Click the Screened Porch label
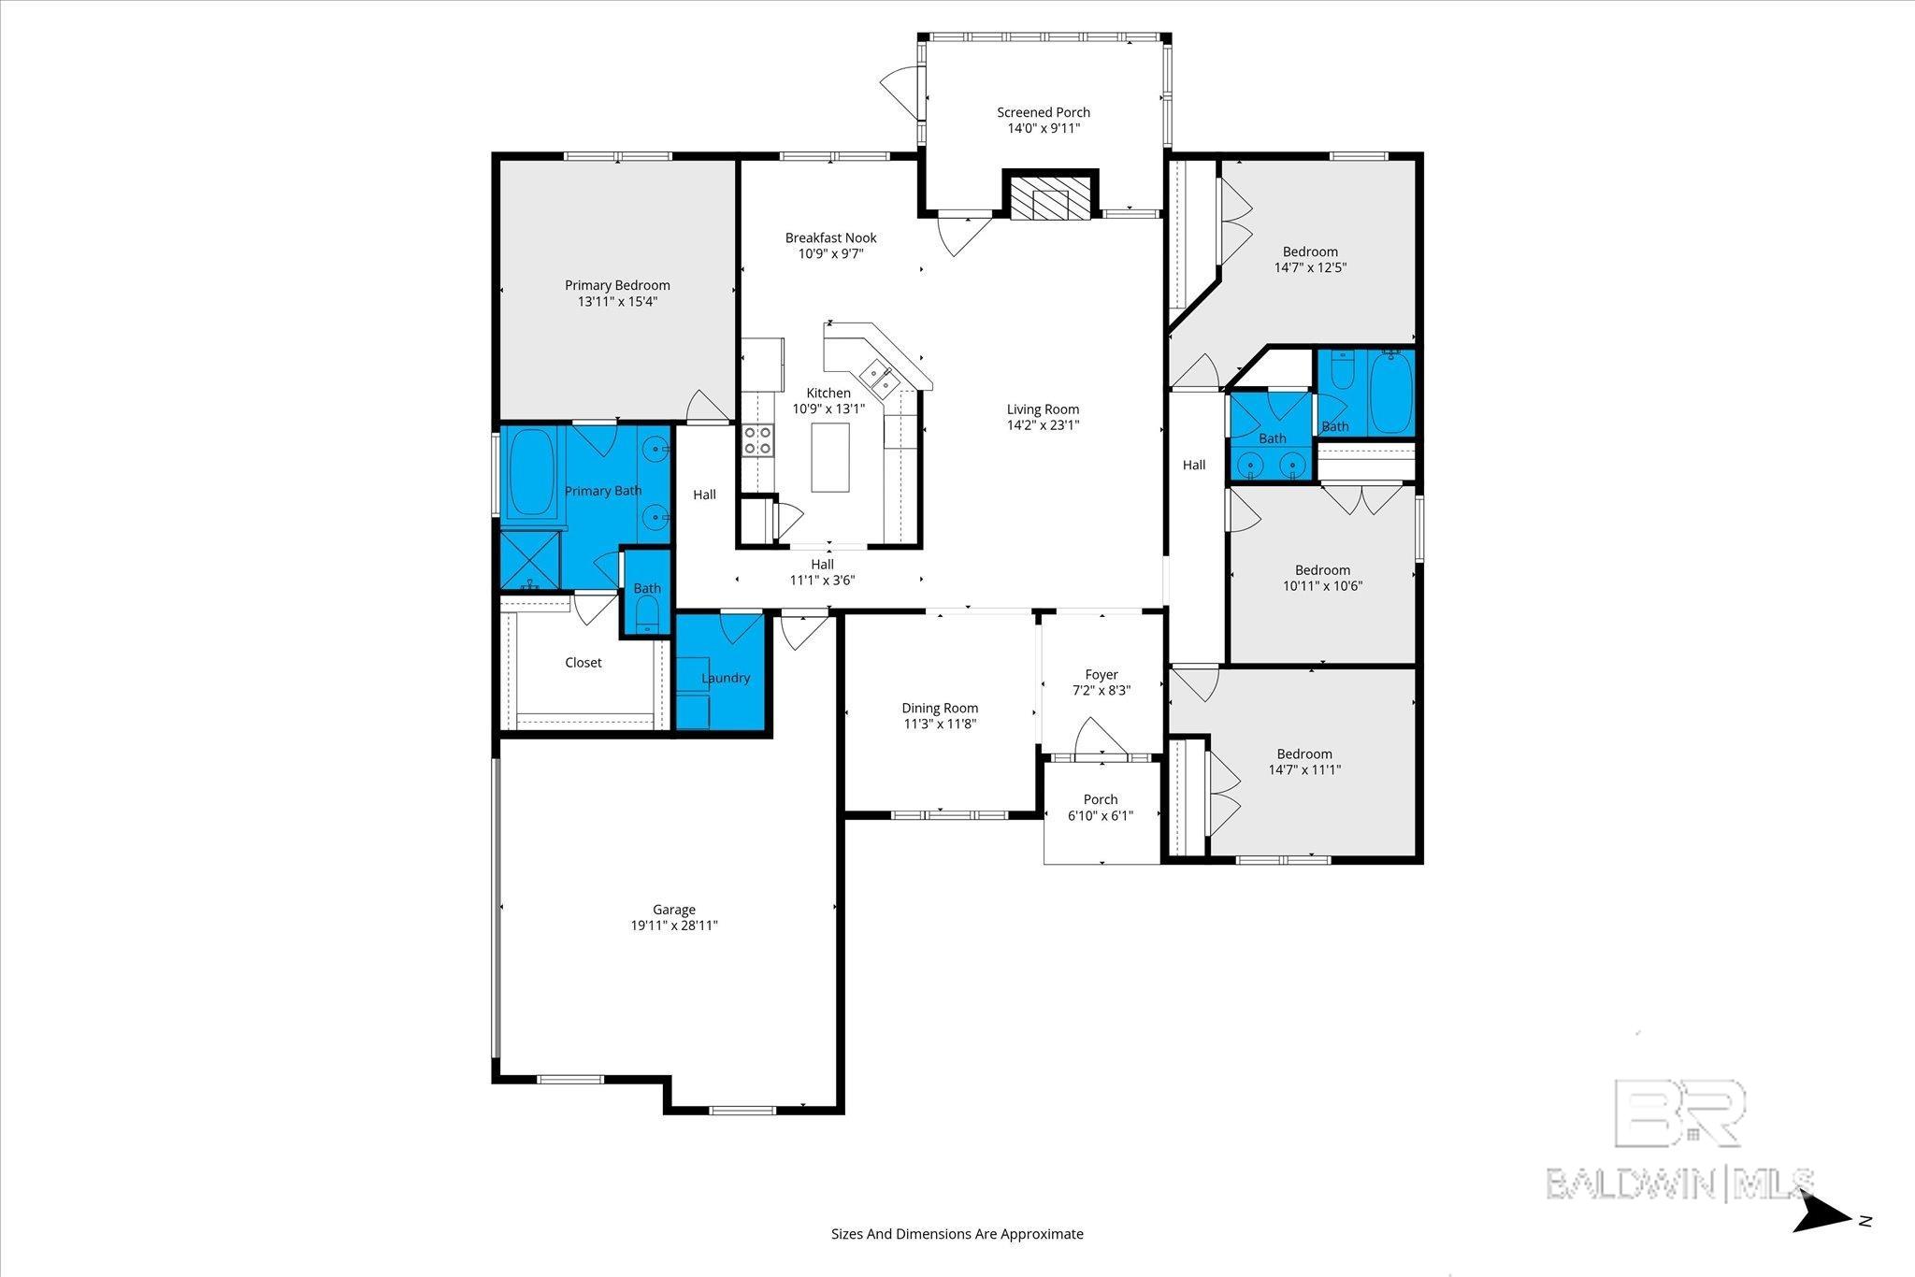[x=1044, y=112]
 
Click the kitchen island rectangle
[x=830, y=457]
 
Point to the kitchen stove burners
[x=757, y=440]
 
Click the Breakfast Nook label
[x=831, y=237]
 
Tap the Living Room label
[x=1044, y=409]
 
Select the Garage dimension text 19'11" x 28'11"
[x=674, y=925]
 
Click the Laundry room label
[x=726, y=678]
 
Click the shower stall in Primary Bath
[x=530, y=560]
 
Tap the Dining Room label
[x=940, y=708]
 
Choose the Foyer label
[x=1101, y=674]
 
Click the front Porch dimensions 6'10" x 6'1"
[x=1101, y=815]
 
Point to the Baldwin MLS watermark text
[x=1679, y=1184]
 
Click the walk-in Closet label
[x=583, y=662]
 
